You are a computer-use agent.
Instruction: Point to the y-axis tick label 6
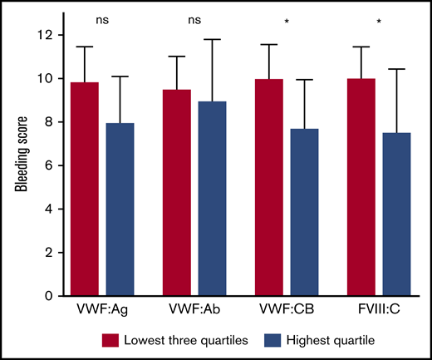coord(45,165)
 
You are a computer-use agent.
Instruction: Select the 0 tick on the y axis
coord(45,295)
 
